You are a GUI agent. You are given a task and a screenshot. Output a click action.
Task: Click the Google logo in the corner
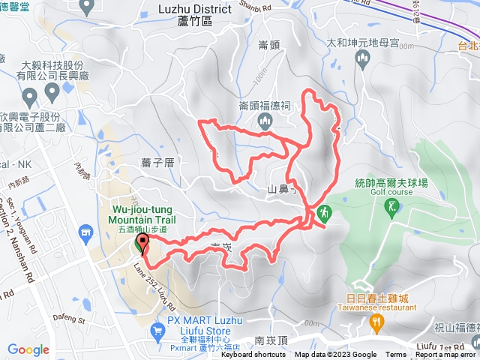click(x=28, y=349)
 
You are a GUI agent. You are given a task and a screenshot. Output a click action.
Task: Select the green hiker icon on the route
click(x=324, y=213)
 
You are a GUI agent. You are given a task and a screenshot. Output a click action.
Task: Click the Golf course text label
click(x=386, y=191)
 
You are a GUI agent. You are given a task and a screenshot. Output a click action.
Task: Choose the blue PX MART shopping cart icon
click(x=157, y=330)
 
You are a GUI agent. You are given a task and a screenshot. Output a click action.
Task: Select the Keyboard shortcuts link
click(x=253, y=355)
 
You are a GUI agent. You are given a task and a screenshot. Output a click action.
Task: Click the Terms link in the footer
click(x=396, y=355)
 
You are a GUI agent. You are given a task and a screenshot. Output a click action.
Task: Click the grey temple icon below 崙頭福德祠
click(x=263, y=121)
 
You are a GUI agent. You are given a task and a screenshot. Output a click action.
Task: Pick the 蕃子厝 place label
click(x=157, y=161)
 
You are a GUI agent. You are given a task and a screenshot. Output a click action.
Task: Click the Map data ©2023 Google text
click(x=335, y=355)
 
